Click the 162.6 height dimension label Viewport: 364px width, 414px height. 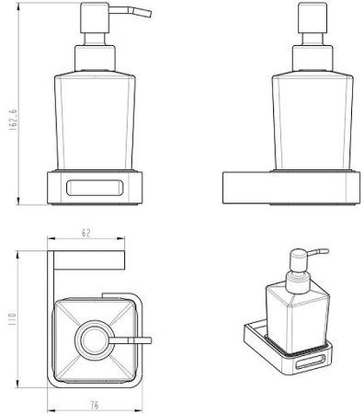click(x=13, y=120)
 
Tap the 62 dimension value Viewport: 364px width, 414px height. click(x=86, y=233)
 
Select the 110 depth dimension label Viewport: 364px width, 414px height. click(x=12, y=319)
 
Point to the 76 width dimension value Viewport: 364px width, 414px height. click(x=95, y=406)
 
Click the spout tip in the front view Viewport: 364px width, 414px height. click(x=149, y=14)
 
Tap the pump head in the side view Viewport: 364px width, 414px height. click(x=313, y=17)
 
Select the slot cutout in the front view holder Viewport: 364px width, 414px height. click(x=95, y=188)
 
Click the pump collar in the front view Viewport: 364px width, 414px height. click(x=95, y=59)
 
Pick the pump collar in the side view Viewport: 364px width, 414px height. click(x=313, y=59)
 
